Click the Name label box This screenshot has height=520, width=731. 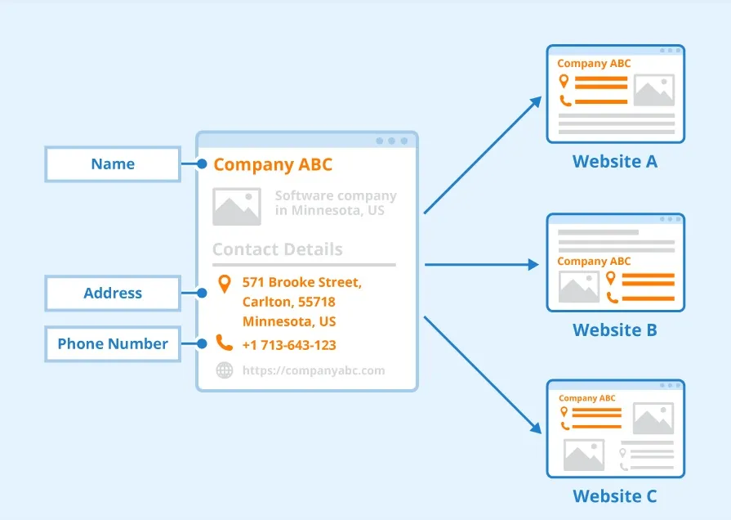point(113,164)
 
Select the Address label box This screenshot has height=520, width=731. point(113,294)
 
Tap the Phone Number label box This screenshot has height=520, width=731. point(113,344)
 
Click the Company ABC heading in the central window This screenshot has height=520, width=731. point(273,165)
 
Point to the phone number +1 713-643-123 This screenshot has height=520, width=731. point(289,345)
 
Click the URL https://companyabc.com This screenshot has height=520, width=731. point(313,370)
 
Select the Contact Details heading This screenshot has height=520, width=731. point(278,250)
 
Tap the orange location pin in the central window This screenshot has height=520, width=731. point(224,284)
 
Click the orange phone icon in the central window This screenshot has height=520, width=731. point(224,343)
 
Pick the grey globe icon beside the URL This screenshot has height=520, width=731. point(224,370)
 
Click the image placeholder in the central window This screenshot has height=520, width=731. point(237,206)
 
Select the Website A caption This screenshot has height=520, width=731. point(615,162)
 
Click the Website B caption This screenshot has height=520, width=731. point(615,330)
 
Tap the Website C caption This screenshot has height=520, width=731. point(615,496)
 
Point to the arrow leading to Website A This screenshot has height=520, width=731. point(482,155)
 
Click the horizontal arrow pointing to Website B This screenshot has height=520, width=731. point(482,264)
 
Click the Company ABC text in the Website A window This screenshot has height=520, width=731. point(594,64)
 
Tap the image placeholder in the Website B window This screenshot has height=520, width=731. point(579,288)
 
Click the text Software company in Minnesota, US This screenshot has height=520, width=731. point(335,203)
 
